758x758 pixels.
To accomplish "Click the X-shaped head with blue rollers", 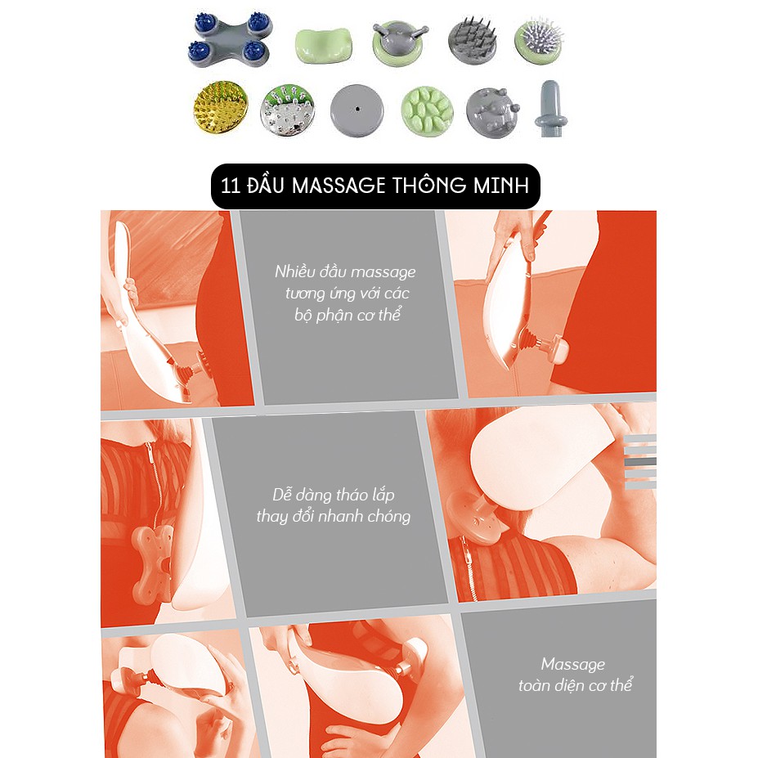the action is pyautogui.click(x=230, y=39).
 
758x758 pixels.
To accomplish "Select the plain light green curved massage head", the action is pyautogui.click(x=324, y=46).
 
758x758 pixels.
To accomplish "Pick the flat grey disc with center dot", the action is pyautogui.click(x=357, y=110).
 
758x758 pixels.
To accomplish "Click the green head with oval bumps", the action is pyautogui.click(x=427, y=111).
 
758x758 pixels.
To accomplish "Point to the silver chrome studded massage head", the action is pyautogui.click(x=287, y=110).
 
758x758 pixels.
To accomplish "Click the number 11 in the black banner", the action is pyautogui.click(x=230, y=186).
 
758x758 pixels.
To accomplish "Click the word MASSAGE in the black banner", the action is pyautogui.click(x=339, y=186).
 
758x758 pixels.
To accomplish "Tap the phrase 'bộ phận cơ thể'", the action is pyautogui.click(x=348, y=315).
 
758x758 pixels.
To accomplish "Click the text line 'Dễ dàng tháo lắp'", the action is pyautogui.click(x=334, y=495).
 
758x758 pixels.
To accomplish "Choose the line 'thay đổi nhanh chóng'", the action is pyautogui.click(x=334, y=516).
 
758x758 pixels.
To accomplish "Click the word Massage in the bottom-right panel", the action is pyautogui.click(x=573, y=664).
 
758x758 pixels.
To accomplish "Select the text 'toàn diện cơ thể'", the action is pyautogui.click(x=576, y=685).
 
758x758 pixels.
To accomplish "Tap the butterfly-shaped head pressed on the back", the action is pyautogui.click(x=151, y=561).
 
